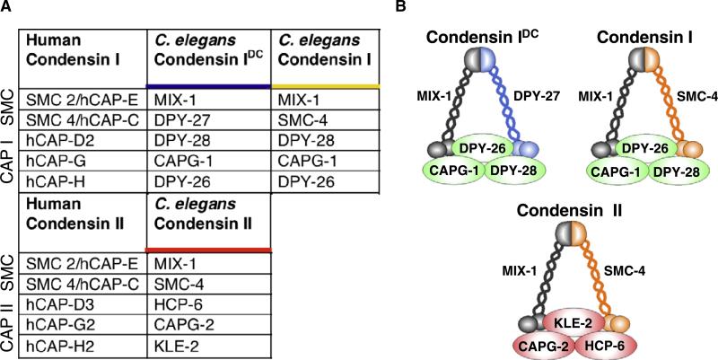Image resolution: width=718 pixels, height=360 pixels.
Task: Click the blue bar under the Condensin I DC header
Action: click(209, 85)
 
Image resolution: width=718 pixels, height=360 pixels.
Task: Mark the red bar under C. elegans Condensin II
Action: click(209, 249)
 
